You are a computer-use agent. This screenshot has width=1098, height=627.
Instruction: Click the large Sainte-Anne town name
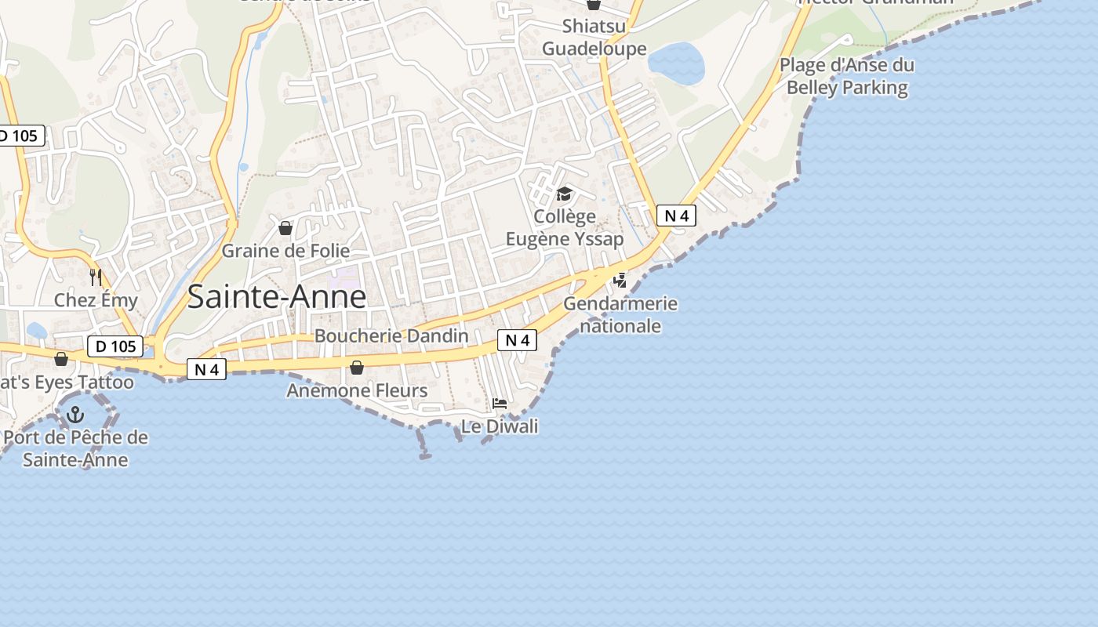tap(277, 297)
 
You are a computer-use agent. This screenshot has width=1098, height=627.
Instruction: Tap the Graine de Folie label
tap(285, 251)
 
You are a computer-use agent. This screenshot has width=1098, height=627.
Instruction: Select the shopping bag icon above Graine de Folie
tap(285, 228)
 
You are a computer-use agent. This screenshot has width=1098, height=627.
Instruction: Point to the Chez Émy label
tap(96, 299)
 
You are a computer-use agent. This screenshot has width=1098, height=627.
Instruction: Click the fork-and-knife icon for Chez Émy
tap(96, 277)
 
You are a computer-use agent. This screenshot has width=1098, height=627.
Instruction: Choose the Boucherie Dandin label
tap(391, 335)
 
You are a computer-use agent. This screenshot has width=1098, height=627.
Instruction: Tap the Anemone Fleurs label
tap(357, 390)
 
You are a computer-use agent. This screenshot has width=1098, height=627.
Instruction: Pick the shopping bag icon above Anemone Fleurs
tap(357, 368)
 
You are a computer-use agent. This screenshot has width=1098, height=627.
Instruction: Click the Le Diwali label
tap(500, 426)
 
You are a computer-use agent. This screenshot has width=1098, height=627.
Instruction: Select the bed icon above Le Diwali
tap(500, 404)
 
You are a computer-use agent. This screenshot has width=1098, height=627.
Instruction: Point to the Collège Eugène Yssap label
tap(565, 227)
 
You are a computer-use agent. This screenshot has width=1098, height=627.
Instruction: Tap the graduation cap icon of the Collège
tap(565, 194)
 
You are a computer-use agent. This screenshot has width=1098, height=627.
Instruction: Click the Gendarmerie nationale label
tap(620, 314)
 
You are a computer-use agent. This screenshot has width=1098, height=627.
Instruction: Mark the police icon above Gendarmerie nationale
tap(620, 280)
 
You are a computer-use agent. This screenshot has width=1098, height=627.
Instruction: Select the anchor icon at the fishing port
tap(76, 415)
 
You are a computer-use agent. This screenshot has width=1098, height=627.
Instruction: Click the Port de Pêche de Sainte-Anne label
tap(75, 448)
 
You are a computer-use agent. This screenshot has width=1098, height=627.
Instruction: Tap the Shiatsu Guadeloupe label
tap(594, 38)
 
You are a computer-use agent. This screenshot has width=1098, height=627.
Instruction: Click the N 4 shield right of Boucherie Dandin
tap(518, 340)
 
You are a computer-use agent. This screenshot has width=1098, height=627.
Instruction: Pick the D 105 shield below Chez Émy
tap(115, 346)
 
